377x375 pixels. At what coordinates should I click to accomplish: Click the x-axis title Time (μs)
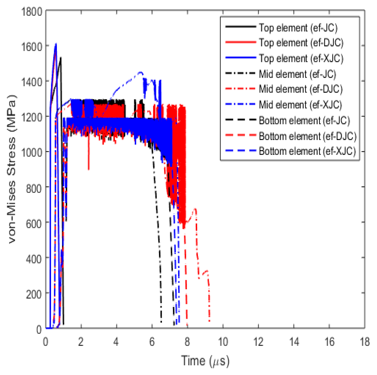coord(205,361)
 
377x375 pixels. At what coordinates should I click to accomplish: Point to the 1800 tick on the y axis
coord(32,12)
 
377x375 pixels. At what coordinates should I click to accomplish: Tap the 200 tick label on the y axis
coord(34,294)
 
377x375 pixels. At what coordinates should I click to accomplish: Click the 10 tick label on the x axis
coord(223,342)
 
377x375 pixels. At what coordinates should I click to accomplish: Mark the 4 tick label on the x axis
coord(117,342)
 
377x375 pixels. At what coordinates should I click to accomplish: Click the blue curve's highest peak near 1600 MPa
coord(56,44)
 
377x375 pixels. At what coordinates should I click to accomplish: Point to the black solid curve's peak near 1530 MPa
coord(61,58)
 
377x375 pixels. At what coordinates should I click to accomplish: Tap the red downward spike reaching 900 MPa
coord(89,169)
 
